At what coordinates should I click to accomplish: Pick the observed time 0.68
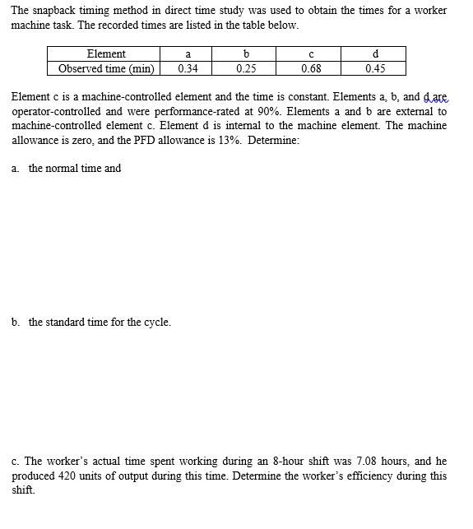(311, 68)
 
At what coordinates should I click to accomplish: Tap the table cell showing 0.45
(376, 68)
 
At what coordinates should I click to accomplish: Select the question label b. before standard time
(16, 322)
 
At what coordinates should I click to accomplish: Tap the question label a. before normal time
(16, 169)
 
